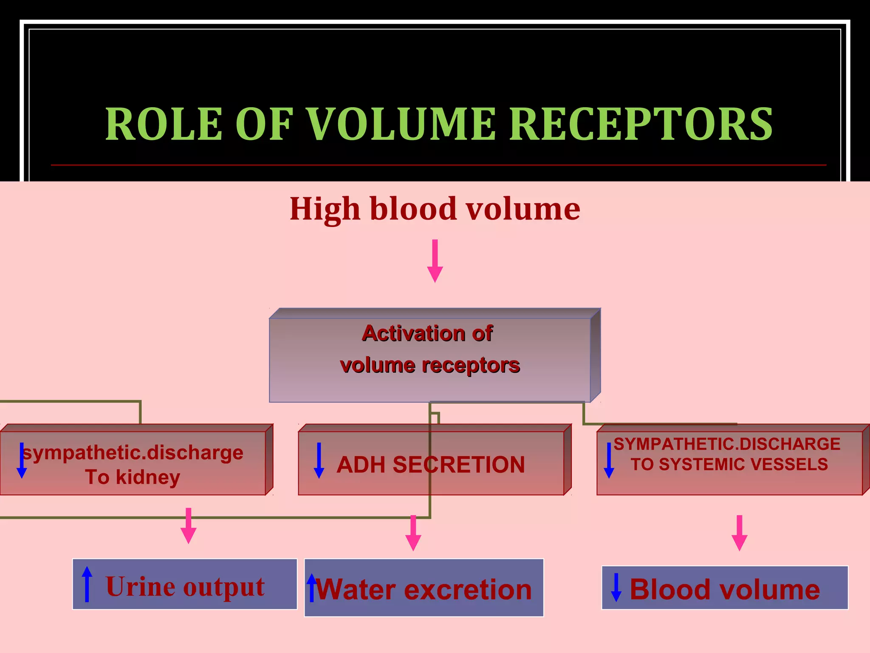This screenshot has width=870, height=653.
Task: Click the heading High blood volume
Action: click(x=435, y=209)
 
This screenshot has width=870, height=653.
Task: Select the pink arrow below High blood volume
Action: click(x=435, y=260)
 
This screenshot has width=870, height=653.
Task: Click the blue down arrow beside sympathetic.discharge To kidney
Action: click(x=22, y=460)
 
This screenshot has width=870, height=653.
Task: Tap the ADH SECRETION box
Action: click(x=431, y=464)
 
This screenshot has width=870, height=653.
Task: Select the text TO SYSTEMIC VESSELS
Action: click(x=729, y=464)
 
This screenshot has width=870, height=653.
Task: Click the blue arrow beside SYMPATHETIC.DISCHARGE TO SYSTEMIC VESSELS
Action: click(x=609, y=460)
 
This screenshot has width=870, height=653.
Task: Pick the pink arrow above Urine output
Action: click(x=188, y=525)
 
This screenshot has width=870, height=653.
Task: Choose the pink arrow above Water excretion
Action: click(x=413, y=533)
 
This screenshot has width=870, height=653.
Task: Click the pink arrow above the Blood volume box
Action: click(x=739, y=533)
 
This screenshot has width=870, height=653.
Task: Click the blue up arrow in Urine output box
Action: click(x=87, y=584)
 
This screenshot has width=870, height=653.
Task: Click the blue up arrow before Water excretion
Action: click(x=312, y=588)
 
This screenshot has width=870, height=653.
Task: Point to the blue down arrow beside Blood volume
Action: click(x=616, y=587)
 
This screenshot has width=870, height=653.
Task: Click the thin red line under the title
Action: click(x=438, y=165)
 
